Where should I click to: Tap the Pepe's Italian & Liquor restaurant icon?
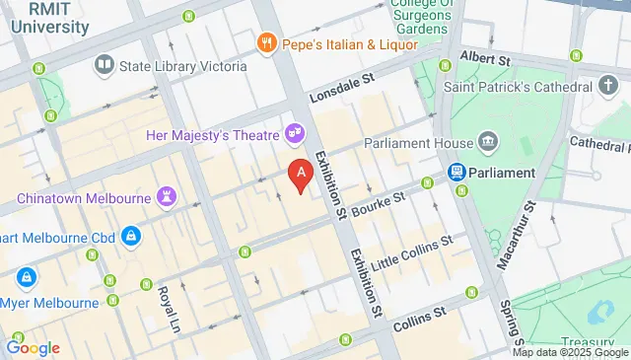tap(265, 43)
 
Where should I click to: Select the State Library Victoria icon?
tap(105, 66)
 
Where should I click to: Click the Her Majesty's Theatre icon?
tap(293, 132)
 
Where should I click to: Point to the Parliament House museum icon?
tap(487, 144)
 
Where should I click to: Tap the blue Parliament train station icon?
tap(457, 173)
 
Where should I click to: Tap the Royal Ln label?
tap(170, 307)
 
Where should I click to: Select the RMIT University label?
tap(50, 19)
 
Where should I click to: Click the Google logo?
tap(33, 348)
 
